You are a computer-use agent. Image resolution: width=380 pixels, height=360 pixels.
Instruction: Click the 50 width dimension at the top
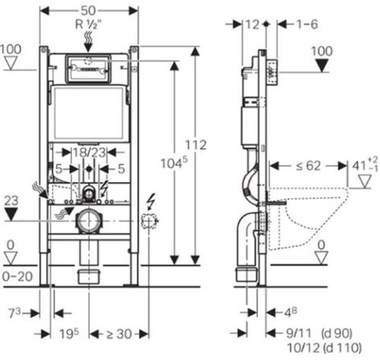click(88, 11)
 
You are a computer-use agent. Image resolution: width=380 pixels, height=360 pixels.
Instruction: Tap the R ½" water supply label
click(88, 24)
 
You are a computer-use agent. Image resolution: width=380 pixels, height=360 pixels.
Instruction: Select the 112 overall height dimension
click(195, 145)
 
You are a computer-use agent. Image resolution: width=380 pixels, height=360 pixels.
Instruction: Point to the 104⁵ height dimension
click(174, 163)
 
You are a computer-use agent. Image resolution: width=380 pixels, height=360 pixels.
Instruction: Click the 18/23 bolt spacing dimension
click(89, 153)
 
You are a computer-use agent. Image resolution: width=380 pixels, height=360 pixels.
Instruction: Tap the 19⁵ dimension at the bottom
click(69, 333)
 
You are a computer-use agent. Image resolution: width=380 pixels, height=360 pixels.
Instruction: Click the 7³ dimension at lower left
click(14, 313)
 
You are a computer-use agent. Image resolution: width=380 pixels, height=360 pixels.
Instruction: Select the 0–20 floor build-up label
click(17, 276)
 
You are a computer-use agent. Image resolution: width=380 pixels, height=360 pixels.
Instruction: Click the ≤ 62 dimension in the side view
click(309, 166)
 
